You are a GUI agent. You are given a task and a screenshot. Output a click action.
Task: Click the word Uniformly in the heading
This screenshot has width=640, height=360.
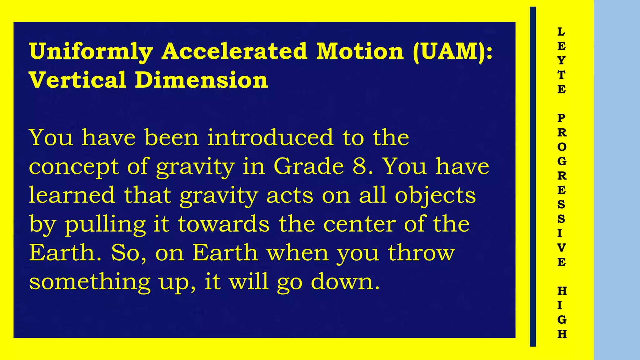91,52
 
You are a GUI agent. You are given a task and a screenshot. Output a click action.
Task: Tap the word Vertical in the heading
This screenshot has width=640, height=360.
77,80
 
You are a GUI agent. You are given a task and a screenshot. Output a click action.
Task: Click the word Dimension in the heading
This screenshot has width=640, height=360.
201,80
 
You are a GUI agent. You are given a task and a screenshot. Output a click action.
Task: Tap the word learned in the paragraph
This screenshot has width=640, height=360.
72,195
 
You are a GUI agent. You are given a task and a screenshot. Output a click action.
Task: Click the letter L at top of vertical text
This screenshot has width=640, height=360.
561,32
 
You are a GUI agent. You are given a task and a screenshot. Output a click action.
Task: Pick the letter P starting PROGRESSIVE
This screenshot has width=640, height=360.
561,118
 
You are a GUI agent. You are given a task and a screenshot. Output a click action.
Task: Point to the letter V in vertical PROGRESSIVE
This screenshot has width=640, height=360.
561,248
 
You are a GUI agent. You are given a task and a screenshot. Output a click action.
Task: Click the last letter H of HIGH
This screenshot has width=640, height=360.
562,334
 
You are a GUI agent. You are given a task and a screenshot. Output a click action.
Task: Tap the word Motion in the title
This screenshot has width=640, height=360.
360,52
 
